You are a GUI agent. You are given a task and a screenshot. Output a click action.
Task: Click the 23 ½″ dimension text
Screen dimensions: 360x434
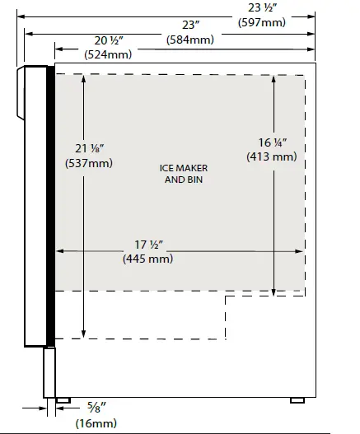[x=262, y=7]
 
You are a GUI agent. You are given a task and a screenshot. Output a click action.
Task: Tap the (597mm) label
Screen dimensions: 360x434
[x=262, y=22]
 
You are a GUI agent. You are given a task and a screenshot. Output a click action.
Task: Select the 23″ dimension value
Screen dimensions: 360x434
[x=191, y=26]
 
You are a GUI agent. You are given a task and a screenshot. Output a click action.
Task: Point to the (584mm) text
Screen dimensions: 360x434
[x=190, y=40]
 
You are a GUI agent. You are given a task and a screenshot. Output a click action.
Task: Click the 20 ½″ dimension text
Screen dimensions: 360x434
[x=109, y=40]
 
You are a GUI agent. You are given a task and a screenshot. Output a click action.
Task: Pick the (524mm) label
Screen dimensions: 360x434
[x=108, y=54]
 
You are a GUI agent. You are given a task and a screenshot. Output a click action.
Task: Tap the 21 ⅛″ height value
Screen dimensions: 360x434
[x=90, y=148]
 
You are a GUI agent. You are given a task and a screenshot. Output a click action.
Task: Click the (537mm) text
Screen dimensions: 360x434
[x=89, y=163]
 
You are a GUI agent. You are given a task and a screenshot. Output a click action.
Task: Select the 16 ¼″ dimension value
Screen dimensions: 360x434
[x=273, y=142]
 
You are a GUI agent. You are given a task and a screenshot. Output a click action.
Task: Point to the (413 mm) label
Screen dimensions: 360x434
[x=272, y=156]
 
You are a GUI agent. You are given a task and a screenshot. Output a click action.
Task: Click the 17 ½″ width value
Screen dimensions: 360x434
[x=149, y=245]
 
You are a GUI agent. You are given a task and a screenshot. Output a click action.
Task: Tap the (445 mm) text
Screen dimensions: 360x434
[x=148, y=259]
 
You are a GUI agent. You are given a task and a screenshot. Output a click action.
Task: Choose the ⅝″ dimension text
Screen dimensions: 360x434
[x=96, y=408]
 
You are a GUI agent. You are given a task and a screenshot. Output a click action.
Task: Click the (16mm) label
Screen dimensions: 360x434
[x=96, y=423]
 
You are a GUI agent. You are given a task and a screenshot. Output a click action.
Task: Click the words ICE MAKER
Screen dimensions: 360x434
[x=184, y=168]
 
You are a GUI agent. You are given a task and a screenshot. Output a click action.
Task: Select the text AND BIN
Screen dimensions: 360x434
[x=184, y=180]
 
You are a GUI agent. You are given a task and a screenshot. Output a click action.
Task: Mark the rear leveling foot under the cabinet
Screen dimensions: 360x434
[x=297, y=400]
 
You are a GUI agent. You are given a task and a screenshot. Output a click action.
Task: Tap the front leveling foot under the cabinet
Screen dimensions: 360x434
[x=63, y=400]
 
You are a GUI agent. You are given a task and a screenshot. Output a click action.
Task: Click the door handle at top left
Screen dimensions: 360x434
[x=21, y=93]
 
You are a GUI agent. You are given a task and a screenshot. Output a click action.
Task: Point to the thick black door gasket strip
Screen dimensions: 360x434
[x=51, y=206]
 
